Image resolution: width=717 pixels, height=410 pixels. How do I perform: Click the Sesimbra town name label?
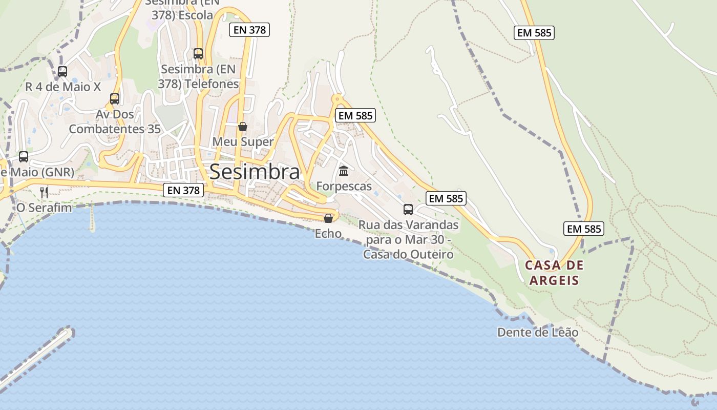[255, 172]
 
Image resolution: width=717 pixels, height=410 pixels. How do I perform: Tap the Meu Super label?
[243, 141]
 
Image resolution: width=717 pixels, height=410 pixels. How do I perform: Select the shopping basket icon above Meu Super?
[243, 126]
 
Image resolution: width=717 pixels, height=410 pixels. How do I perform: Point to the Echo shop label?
[328, 234]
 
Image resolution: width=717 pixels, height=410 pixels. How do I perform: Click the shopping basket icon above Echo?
[328, 218]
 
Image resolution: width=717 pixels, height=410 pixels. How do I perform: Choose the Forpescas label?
[344, 186]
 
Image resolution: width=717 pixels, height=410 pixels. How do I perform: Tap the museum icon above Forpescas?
[344, 171]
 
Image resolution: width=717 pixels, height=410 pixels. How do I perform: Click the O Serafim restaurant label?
[44, 208]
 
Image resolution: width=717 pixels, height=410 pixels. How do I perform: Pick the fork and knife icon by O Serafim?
[44, 193]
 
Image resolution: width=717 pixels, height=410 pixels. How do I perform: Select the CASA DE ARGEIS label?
[554, 273]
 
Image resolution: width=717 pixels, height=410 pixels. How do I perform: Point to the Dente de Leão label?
[538, 333]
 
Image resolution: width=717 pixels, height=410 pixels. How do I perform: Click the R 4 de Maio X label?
[63, 87]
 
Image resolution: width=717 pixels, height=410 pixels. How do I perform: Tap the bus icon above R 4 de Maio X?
[62, 72]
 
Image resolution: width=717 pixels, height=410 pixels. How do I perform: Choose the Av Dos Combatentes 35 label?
[115, 121]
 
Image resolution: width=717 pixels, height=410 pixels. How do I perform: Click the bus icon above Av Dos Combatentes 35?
[115, 98]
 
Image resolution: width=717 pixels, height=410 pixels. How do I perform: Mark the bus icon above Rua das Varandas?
[408, 209]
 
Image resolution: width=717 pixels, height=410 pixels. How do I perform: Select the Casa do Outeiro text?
[408, 254]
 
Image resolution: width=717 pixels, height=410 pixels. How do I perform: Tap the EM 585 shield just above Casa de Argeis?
[584, 229]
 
